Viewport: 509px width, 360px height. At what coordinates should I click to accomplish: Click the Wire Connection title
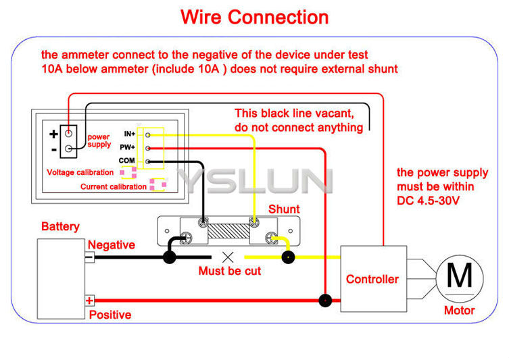pyautogui.click(x=254, y=17)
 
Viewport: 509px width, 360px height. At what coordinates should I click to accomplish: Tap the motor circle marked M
pyautogui.click(x=460, y=276)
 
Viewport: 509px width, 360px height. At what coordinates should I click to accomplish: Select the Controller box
pyautogui.click(x=372, y=278)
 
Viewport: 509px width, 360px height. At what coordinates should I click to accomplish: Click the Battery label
pyautogui.click(x=60, y=227)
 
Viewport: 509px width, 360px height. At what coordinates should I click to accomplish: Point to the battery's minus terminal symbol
pyautogui.click(x=89, y=257)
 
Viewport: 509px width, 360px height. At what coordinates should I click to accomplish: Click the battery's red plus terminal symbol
pyautogui.click(x=89, y=300)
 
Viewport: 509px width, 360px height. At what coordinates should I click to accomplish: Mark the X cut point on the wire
pyautogui.click(x=228, y=257)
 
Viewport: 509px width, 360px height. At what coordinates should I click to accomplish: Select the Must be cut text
pyautogui.click(x=229, y=271)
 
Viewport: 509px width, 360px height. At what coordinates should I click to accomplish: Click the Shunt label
pyautogui.click(x=284, y=209)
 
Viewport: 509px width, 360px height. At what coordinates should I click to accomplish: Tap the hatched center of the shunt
pyautogui.click(x=228, y=230)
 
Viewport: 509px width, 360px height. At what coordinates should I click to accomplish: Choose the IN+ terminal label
pyautogui.click(x=129, y=134)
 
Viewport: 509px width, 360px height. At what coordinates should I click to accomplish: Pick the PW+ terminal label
pyautogui.click(x=128, y=147)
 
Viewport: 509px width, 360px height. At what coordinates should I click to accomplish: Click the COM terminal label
pyautogui.click(x=127, y=160)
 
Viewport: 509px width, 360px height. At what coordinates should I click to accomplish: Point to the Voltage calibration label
pyautogui.click(x=80, y=173)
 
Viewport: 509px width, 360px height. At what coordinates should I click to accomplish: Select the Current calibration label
pyautogui.click(x=114, y=186)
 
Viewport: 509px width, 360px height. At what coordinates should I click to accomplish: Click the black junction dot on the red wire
pyautogui.click(x=325, y=301)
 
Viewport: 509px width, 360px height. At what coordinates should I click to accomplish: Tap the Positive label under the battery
pyautogui.click(x=110, y=315)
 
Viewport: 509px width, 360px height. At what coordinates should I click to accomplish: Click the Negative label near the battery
pyautogui.click(x=112, y=245)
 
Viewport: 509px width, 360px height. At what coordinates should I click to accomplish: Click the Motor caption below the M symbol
pyautogui.click(x=459, y=311)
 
